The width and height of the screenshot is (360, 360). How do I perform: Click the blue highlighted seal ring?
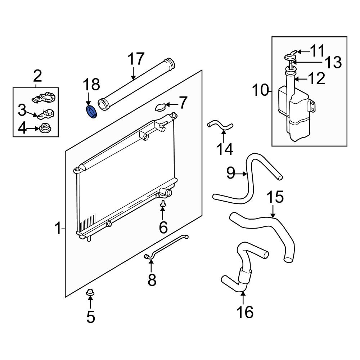click(x=92, y=112)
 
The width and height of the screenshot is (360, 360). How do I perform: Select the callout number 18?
click(x=91, y=85)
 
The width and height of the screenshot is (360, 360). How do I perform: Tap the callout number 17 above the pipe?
click(x=136, y=59)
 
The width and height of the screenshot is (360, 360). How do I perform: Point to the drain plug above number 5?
click(x=90, y=292)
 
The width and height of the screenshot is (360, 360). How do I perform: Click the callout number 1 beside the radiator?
click(x=58, y=229)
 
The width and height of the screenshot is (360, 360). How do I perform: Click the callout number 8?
click(x=152, y=279)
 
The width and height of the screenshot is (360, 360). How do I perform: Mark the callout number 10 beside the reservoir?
click(x=260, y=90)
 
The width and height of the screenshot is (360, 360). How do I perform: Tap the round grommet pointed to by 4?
click(x=45, y=127)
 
